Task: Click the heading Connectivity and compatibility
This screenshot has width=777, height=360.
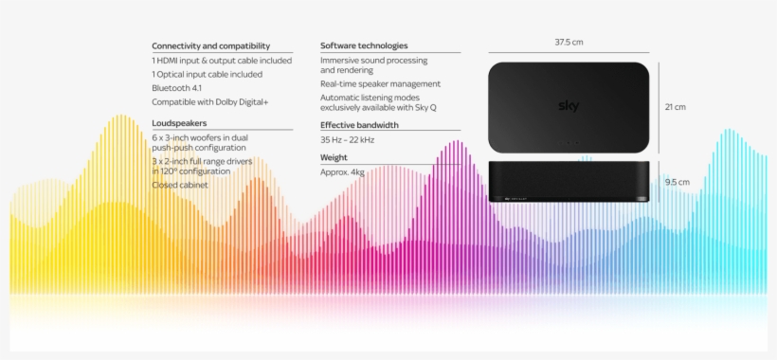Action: pos(211,46)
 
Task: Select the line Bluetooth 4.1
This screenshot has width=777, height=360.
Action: pos(176,88)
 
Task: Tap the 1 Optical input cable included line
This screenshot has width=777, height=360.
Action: pos(208,74)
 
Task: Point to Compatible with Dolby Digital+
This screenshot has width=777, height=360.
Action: pos(210,102)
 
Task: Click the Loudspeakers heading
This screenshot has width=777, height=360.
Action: pos(179,123)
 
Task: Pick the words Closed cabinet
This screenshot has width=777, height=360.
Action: pos(180,185)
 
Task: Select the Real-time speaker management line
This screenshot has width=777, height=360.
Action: pos(380,84)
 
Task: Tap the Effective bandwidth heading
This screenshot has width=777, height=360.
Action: pos(359,125)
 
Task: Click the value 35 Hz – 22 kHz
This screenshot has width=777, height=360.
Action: pos(348,140)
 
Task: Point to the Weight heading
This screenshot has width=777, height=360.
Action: pos(334,157)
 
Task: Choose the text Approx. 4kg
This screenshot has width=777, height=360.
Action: pos(342,172)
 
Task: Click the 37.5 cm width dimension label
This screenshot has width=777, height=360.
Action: pos(569,42)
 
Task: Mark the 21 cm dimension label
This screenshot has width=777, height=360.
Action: pos(676,107)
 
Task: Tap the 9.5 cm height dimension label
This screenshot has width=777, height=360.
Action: pos(678,182)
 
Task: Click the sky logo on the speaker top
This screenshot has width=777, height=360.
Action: pos(569,106)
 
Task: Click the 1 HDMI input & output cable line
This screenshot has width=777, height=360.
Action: pos(222,61)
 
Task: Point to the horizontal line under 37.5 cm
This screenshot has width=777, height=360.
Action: pos(569,52)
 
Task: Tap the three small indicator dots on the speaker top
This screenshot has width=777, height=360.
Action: pos(569,143)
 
